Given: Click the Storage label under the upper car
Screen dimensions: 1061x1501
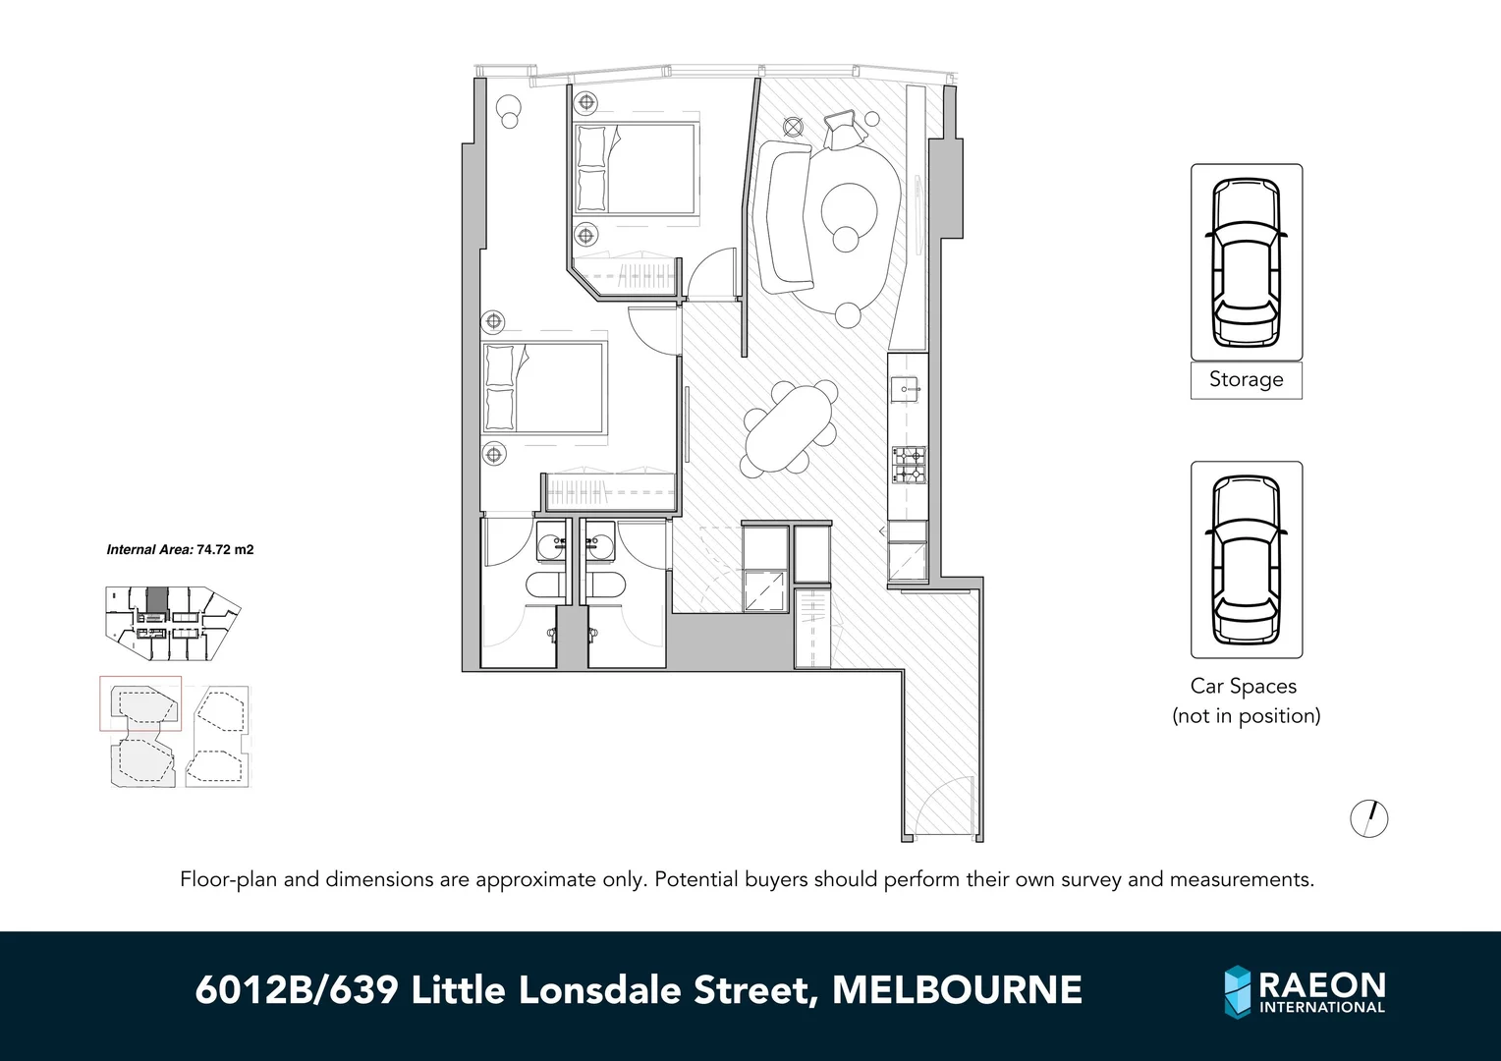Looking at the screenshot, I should pos(1246,379).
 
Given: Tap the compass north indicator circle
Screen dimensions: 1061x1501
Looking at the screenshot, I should pos(1369,818).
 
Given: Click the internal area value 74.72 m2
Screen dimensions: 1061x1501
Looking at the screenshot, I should pos(225,550).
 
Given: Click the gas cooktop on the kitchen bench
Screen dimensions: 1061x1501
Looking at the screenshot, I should pos(908,465).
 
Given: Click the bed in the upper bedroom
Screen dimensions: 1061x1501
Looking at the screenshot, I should pos(637,168).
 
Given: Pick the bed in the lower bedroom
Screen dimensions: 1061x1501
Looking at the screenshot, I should pos(544,387).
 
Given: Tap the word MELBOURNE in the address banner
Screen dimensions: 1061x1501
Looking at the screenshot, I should pos(957,990).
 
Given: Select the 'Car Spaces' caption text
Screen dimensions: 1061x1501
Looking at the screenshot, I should pos(1244,687).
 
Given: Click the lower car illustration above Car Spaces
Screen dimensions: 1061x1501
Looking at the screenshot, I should pos(1246,559).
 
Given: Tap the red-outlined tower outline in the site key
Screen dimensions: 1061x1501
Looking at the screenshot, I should pos(140,703).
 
